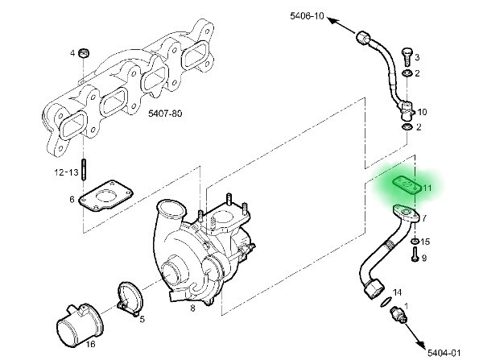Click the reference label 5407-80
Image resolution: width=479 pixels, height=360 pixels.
(x=165, y=114)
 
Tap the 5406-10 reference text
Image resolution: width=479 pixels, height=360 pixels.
(x=307, y=16)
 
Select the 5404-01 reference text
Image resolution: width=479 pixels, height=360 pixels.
(x=444, y=353)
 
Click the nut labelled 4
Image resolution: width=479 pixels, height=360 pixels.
(x=84, y=53)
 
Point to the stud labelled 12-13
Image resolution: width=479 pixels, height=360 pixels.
(x=84, y=169)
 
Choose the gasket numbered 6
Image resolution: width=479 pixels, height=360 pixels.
(x=105, y=196)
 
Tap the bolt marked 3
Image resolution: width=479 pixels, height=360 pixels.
(x=407, y=57)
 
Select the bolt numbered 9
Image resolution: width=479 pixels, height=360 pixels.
(x=415, y=254)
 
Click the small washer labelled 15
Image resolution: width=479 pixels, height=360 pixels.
(x=415, y=242)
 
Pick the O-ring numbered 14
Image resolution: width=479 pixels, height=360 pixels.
(x=386, y=302)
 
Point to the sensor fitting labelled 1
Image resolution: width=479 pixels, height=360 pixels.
(x=398, y=316)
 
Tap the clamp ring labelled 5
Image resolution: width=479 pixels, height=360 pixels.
(x=130, y=299)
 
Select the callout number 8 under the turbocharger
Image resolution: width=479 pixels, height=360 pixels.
(x=192, y=308)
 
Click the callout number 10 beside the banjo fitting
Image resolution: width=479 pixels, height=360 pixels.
(x=422, y=112)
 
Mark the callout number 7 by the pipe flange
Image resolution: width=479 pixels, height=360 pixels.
(x=424, y=218)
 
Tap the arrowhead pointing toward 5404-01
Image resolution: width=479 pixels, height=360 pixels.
(x=421, y=344)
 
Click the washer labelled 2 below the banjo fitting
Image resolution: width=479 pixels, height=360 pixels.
(x=407, y=126)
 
